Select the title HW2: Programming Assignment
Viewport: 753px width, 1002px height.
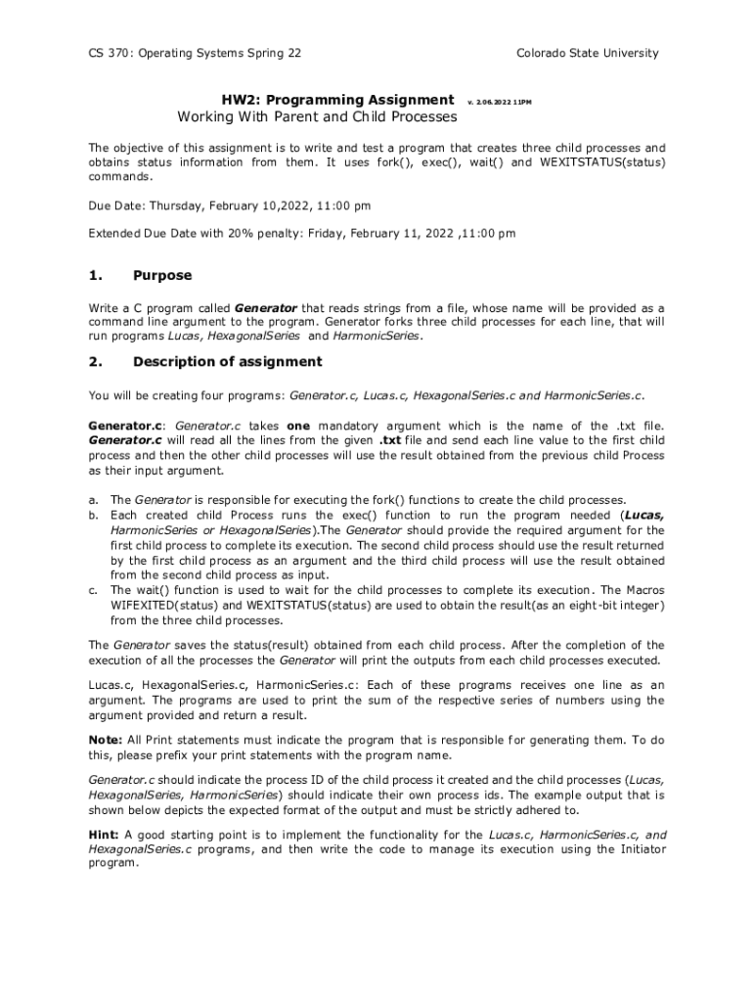point(337,100)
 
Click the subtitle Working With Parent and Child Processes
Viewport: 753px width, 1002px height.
point(317,117)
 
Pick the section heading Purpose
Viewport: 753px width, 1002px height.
point(162,275)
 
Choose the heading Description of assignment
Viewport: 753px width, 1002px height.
point(227,362)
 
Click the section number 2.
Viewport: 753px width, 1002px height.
point(94,362)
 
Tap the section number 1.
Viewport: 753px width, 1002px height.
point(94,275)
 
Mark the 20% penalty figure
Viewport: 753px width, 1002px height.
point(239,234)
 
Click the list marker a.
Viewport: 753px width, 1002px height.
point(93,500)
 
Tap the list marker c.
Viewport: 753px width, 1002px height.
point(93,591)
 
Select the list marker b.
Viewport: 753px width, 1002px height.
point(94,515)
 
